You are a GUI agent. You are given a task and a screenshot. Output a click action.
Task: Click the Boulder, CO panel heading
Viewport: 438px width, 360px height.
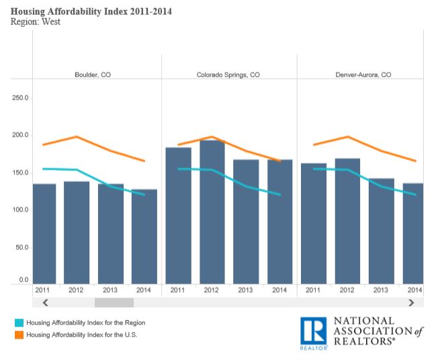pos(93,75)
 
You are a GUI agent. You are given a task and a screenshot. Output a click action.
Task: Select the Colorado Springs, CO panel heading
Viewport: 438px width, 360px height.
pos(229,75)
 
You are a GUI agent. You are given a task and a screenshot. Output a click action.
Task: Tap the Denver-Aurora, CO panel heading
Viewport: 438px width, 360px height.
pos(363,75)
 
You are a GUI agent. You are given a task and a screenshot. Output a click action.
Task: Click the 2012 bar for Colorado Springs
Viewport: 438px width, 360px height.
pos(212,212)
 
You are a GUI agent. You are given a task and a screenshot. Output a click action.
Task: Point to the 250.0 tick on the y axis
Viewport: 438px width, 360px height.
pos(20,98)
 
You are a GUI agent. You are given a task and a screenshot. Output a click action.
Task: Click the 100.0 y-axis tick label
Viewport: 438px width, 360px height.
pos(20,210)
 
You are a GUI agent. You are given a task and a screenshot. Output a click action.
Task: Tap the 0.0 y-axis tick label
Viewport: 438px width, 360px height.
pos(24,279)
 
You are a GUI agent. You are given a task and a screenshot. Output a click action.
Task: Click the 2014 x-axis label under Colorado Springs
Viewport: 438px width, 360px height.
pos(280,290)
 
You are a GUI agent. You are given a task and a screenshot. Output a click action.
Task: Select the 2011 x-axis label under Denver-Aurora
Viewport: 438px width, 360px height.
pos(312,290)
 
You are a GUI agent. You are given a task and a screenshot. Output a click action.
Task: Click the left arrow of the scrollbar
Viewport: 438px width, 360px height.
pos(46,303)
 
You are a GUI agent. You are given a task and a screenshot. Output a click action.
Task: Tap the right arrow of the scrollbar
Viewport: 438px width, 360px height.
pos(411,303)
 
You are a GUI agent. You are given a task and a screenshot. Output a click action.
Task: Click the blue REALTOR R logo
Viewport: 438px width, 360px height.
pos(313,333)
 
